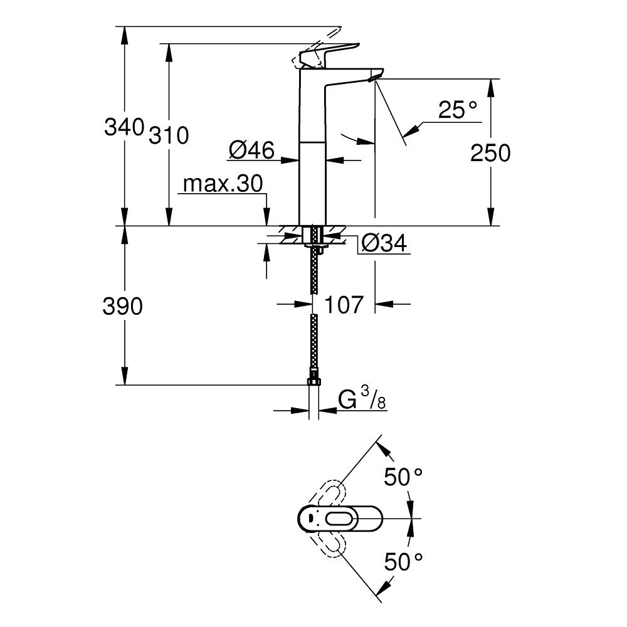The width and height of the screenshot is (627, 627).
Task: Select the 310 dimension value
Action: coord(168,135)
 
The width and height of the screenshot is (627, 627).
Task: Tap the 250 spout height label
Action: coord(490,153)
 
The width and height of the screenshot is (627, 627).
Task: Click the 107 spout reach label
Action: coord(344,305)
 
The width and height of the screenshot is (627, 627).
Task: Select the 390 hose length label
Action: coord(124,306)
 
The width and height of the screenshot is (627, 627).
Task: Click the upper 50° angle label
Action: coord(403,478)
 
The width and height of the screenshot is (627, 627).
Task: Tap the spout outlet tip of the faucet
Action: coord(375,77)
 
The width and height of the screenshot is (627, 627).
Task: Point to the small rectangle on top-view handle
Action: coord(310,518)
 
